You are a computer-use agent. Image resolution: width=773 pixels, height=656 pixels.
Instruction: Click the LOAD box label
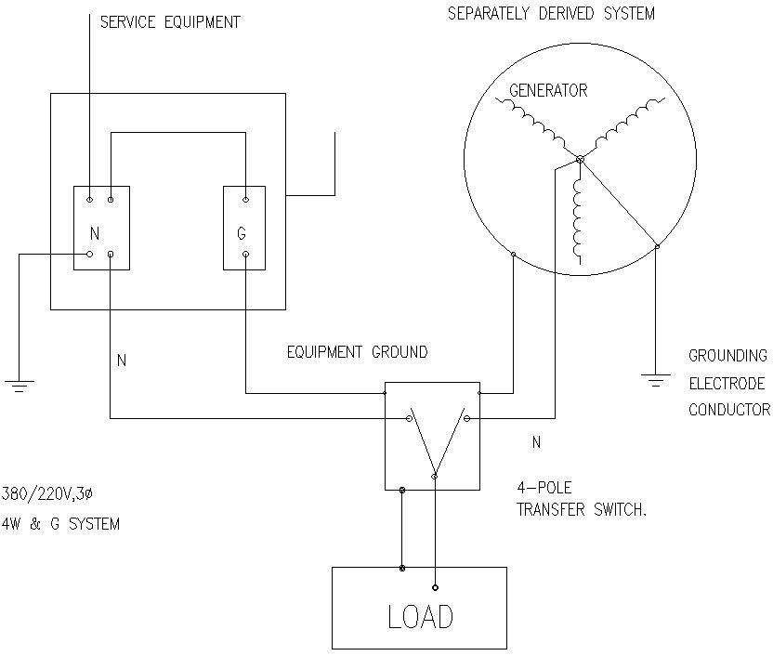coord(419,615)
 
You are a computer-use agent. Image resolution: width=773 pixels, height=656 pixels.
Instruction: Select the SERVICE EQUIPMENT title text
coord(170,22)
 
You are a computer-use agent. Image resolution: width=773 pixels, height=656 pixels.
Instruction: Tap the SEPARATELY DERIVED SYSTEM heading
coord(551,14)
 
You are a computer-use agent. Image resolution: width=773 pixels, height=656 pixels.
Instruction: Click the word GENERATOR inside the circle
coord(548,91)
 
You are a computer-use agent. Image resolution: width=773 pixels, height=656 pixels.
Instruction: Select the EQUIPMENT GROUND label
coord(358,353)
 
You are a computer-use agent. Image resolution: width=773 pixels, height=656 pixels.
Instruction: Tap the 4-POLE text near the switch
coord(540,486)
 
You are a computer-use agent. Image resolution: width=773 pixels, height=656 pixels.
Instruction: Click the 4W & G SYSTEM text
coord(60,524)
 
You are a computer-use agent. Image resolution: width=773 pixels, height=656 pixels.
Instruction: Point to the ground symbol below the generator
coord(657,378)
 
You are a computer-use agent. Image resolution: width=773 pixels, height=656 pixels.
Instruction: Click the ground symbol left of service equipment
coord(19,383)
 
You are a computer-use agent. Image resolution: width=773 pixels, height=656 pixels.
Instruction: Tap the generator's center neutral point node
coord(580,160)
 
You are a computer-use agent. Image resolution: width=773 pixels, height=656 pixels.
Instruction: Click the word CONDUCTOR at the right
coord(728,410)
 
